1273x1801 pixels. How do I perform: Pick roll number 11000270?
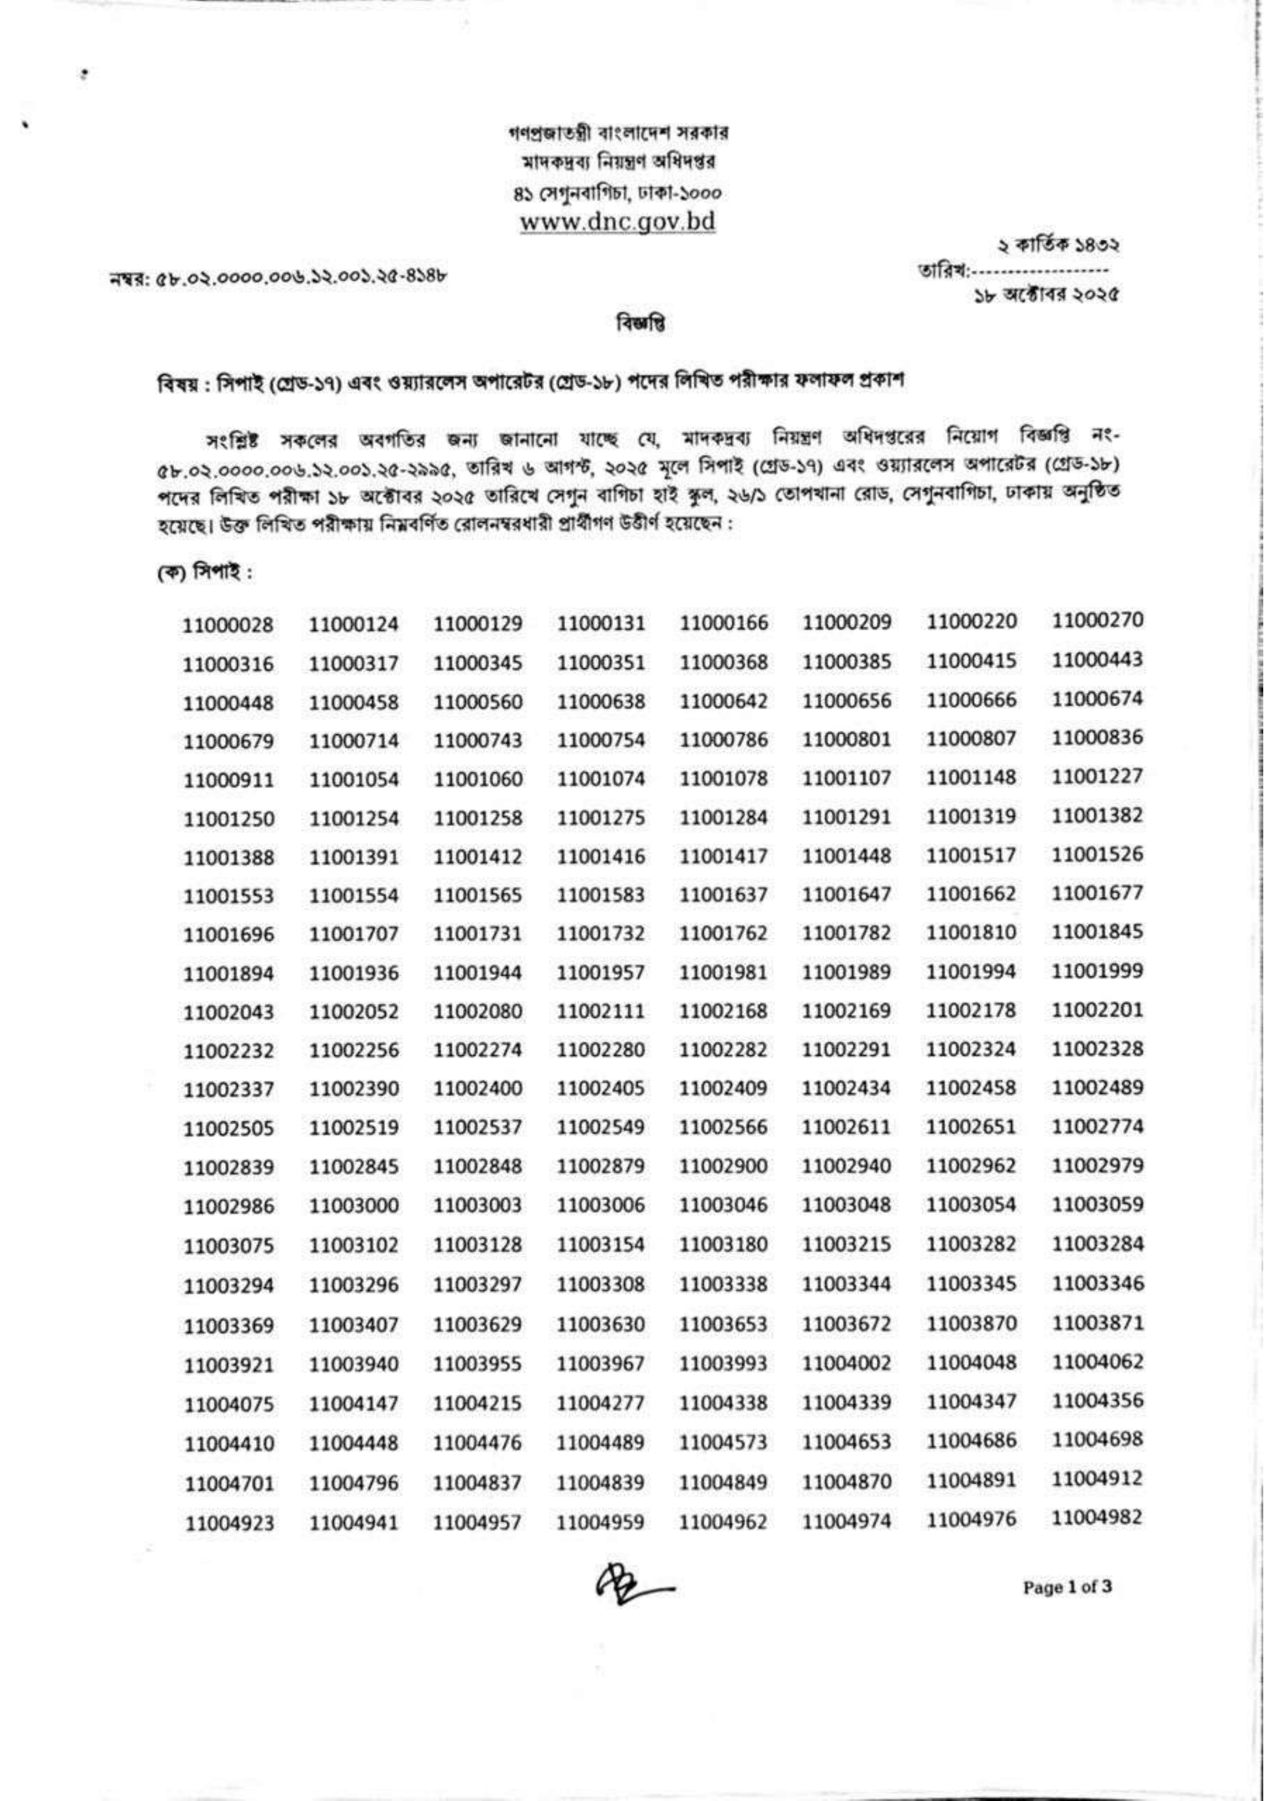(x=1096, y=621)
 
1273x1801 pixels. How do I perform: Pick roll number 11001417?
(x=724, y=857)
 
